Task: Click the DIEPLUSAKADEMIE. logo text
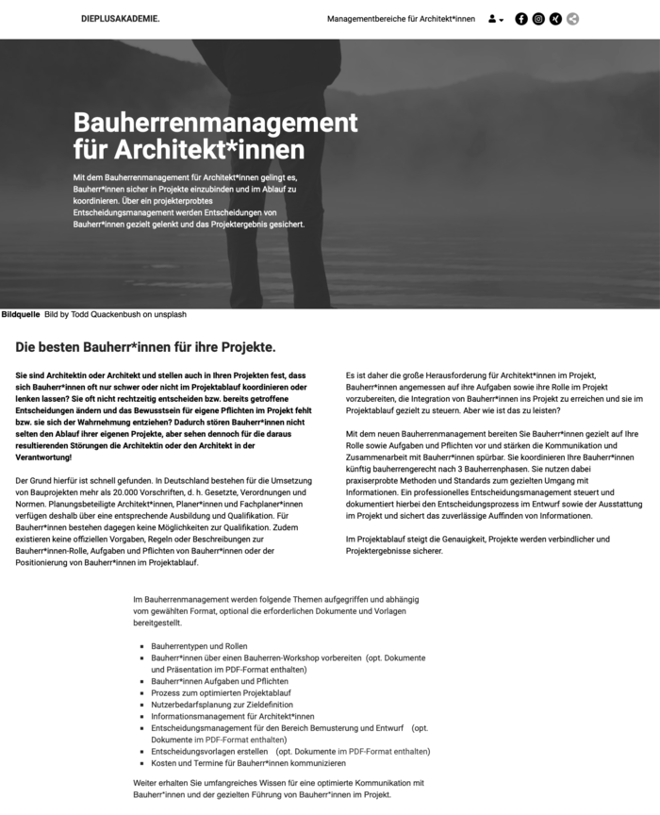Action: point(120,19)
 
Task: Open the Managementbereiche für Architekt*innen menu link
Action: point(401,19)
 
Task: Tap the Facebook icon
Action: point(521,19)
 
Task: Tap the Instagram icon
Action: point(538,19)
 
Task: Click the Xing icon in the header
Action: point(555,19)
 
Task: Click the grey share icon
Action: point(572,19)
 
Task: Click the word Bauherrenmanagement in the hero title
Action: point(215,123)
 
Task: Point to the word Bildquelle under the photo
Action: point(21,314)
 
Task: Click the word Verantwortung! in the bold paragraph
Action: point(44,457)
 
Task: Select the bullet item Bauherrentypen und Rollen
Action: point(199,646)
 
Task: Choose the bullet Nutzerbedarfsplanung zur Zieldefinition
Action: point(222,705)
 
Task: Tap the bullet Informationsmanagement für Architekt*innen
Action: point(232,716)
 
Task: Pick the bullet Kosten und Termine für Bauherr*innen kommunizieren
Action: point(255,763)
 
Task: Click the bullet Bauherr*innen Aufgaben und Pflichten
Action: point(220,681)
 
